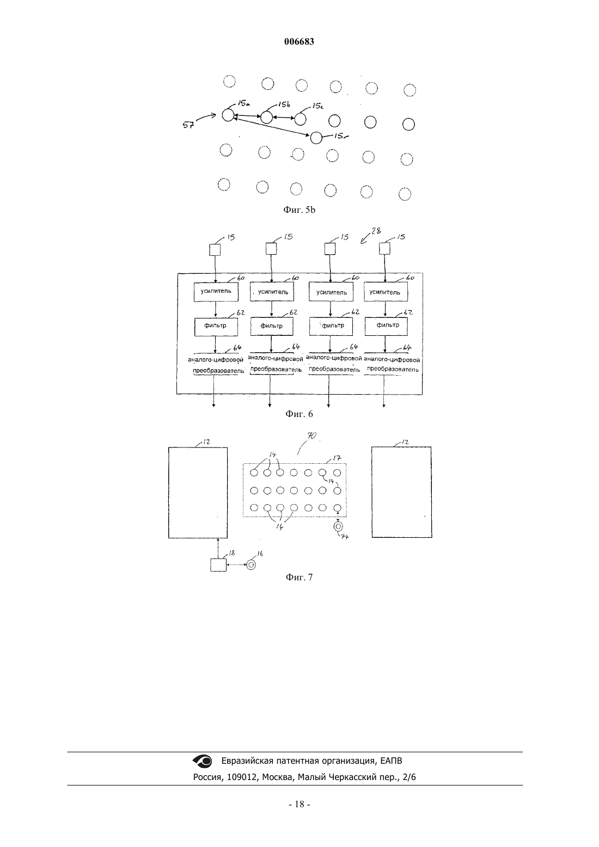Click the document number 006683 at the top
[299, 41]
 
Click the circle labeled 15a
[228, 115]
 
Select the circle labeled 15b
[267, 118]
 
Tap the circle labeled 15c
[300, 119]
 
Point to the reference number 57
[188, 125]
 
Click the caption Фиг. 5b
[299, 210]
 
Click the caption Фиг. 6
[299, 414]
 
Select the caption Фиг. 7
[299, 578]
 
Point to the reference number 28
[376, 230]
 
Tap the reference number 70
[311, 435]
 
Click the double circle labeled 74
[338, 526]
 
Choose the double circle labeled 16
[250, 565]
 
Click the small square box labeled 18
[218, 565]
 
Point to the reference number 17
[337, 458]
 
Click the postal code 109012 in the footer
[243, 777]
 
